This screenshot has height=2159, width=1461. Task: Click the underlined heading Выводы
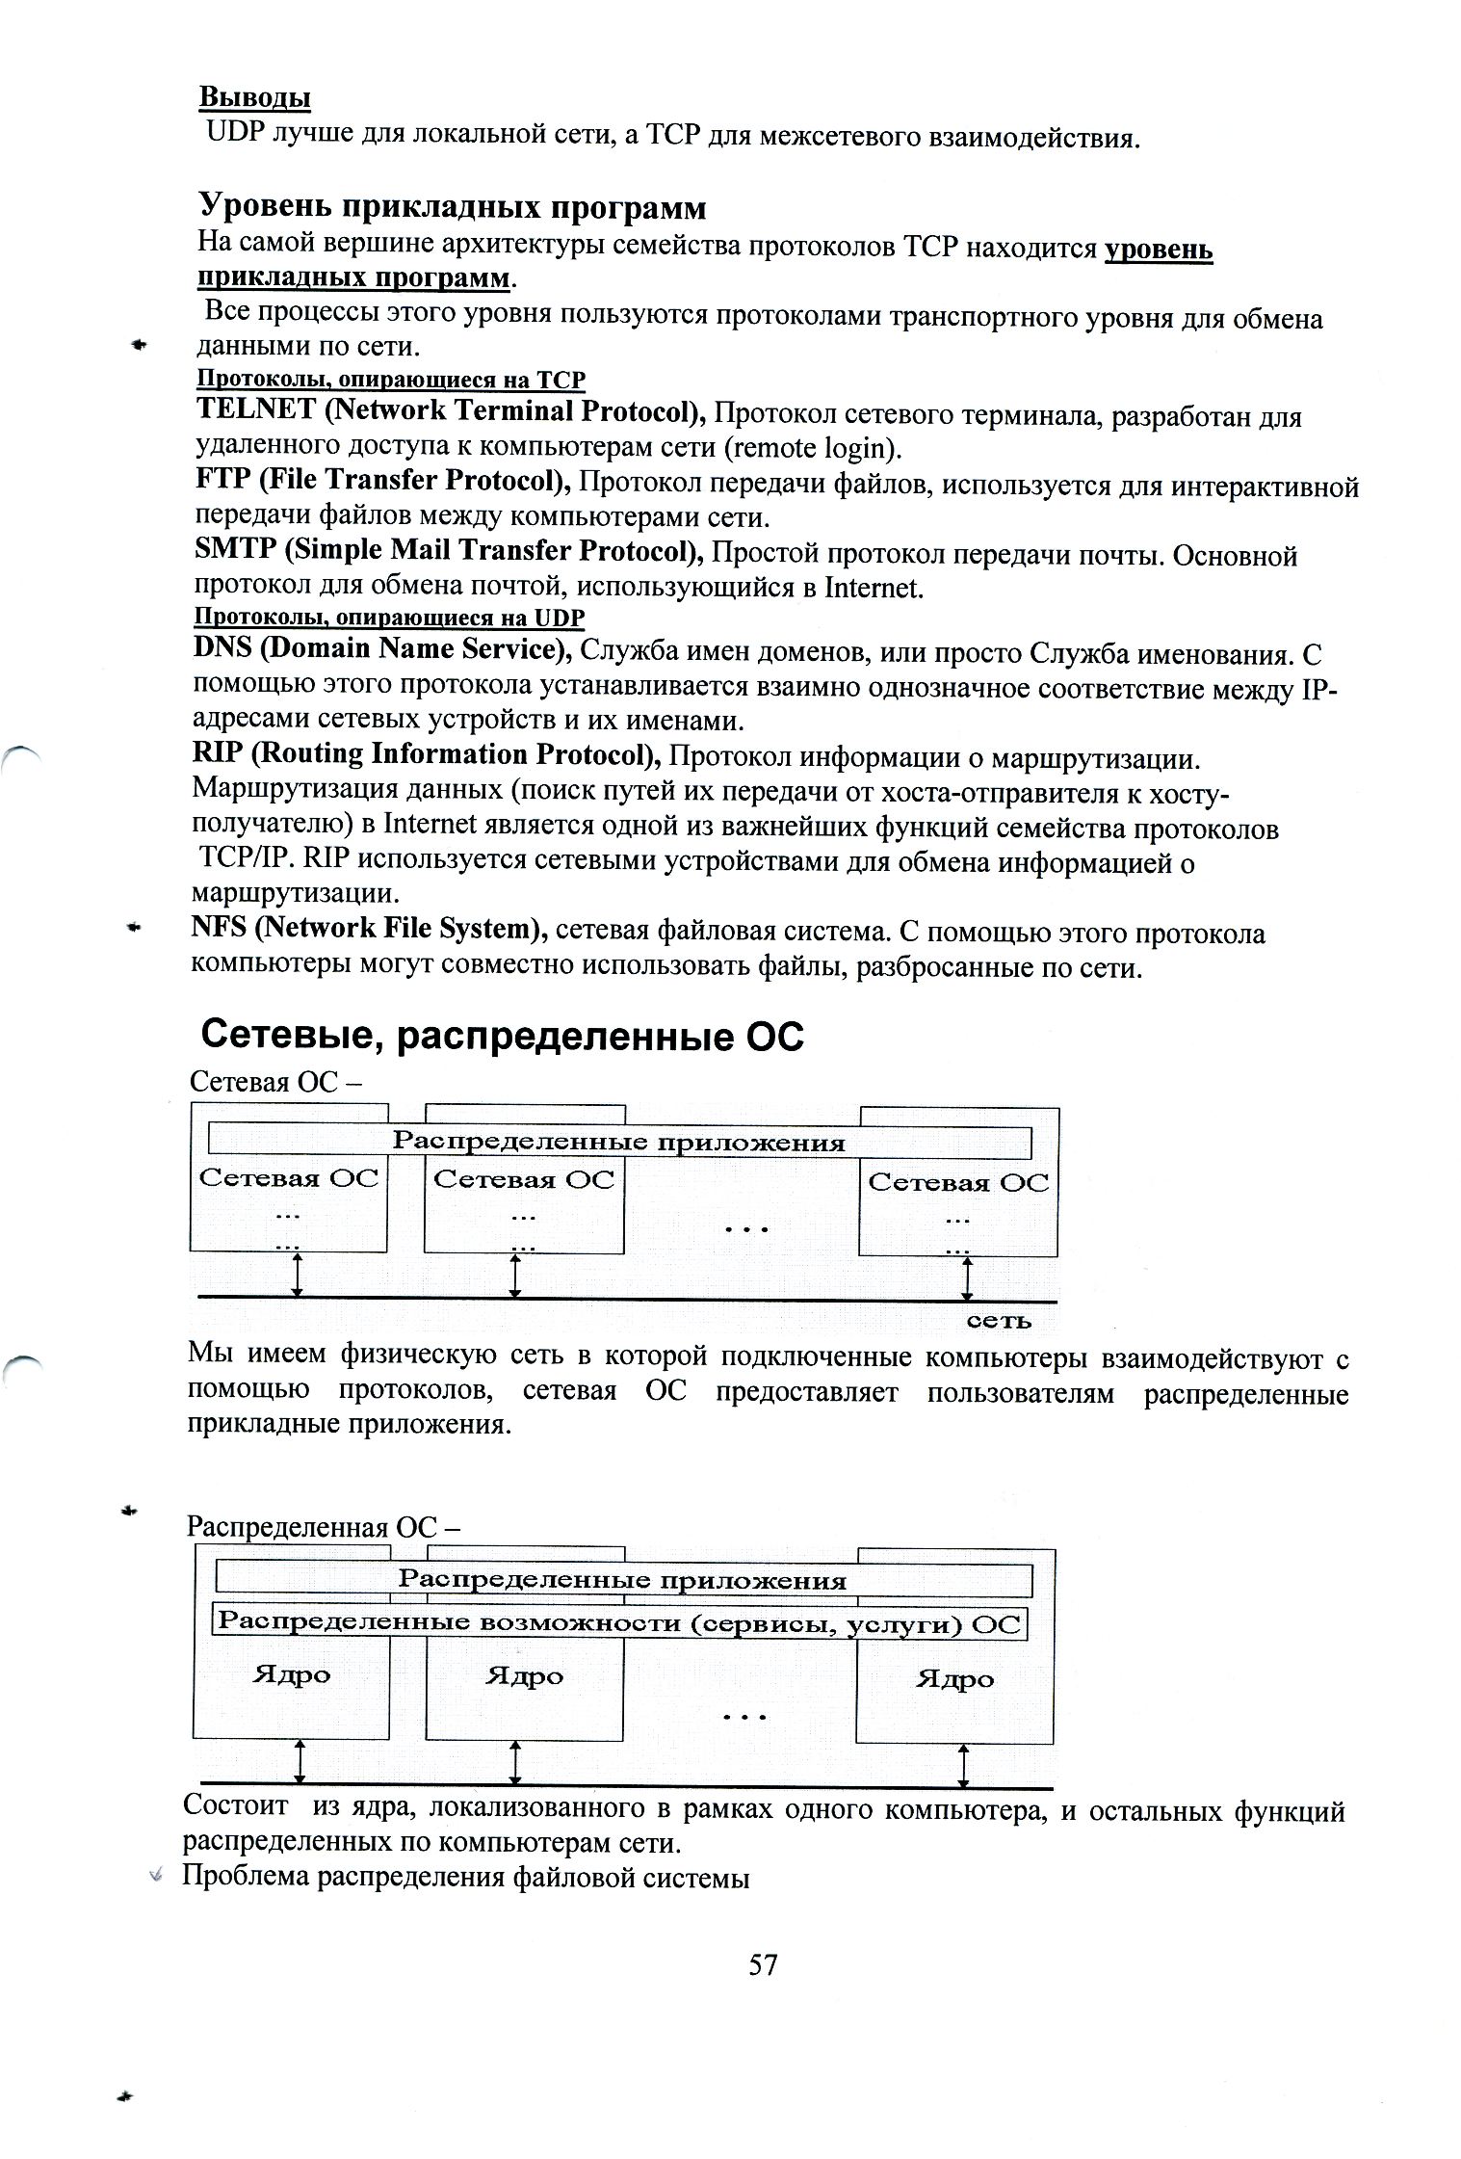[254, 98]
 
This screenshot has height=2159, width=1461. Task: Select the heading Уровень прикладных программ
[452, 207]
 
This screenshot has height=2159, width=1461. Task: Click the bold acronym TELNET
[255, 410]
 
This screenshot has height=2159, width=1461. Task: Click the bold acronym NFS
[221, 928]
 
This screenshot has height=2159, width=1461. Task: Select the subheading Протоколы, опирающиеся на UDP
[389, 617]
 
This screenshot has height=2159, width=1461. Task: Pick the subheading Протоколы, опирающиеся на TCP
[391, 380]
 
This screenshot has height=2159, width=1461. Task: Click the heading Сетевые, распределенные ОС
[502, 1036]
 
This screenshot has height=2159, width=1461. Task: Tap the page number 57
[763, 1963]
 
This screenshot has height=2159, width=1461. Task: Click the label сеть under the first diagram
[999, 1321]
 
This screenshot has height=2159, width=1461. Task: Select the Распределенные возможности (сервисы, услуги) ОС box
[618, 1622]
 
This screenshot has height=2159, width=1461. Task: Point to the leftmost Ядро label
[291, 1674]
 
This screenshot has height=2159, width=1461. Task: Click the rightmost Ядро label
[954, 1678]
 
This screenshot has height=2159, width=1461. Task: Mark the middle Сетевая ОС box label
[523, 1179]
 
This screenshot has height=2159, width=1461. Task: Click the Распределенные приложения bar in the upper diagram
[618, 1143]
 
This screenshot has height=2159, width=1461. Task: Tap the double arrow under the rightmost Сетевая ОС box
[967, 1278]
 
